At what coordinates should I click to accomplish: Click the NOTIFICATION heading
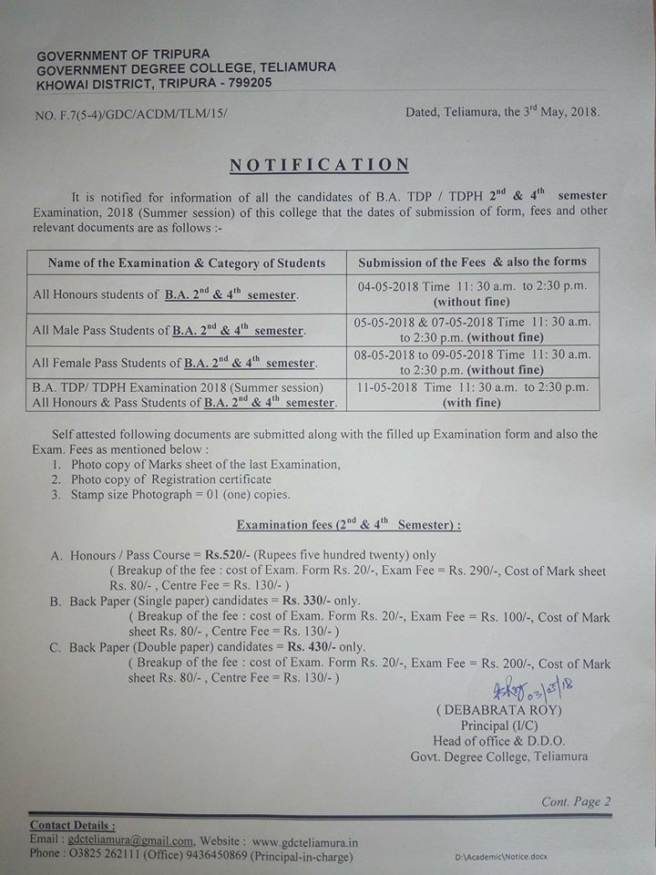click(x=319, y=165)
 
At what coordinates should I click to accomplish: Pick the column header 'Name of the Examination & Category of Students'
click(x=187, y=262)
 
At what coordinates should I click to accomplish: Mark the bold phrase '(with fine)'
click(x=472, y=402)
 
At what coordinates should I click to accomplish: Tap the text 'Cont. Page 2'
click(x=576, y=801)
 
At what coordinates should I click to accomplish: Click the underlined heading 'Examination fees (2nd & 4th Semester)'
click(x=347, y=525)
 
